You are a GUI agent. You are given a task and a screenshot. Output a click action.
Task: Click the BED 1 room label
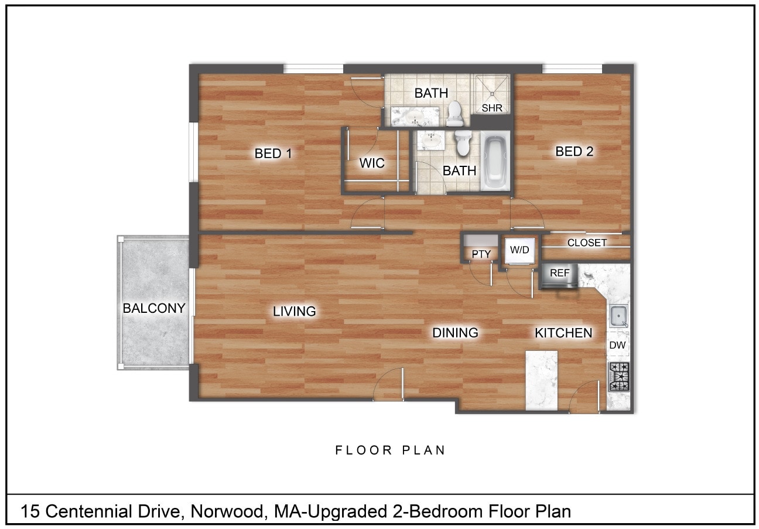273,153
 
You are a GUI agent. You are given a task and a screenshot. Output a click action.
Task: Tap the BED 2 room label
574,152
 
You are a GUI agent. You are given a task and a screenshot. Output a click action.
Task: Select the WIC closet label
372,163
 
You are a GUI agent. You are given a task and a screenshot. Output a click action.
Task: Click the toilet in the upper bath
455,114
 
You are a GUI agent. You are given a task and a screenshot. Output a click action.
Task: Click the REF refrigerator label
559,273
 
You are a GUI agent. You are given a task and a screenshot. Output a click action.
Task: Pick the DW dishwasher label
617,346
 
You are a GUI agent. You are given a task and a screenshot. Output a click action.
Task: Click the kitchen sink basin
618,316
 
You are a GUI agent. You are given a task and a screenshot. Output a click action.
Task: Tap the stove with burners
619,377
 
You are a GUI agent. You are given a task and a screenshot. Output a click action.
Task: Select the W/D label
519,250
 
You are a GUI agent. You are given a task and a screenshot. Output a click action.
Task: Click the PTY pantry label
481,254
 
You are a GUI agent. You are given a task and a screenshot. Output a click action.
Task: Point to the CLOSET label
587,243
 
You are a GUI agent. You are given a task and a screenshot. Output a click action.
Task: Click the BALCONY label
154,308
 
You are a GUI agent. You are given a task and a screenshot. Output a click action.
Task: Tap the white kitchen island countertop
542,380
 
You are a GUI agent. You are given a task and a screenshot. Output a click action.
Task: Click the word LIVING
295,312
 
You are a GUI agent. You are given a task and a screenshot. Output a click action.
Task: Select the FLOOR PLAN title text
391,450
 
